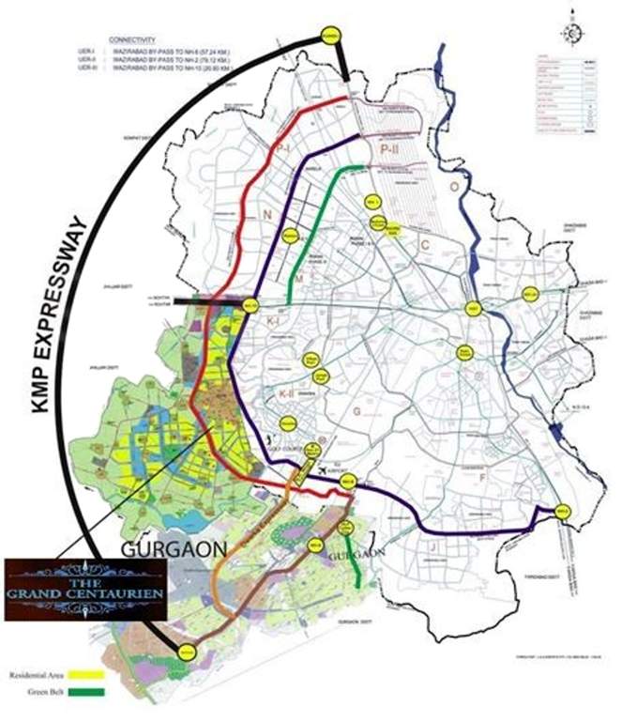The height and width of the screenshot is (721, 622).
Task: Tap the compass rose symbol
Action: point(571,31)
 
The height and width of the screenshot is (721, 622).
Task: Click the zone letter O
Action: point(452,187)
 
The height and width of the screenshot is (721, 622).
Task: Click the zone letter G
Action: point(356,410)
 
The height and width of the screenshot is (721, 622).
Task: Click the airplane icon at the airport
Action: point(325,468)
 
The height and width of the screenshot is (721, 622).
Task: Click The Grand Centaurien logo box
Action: point(85,590)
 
